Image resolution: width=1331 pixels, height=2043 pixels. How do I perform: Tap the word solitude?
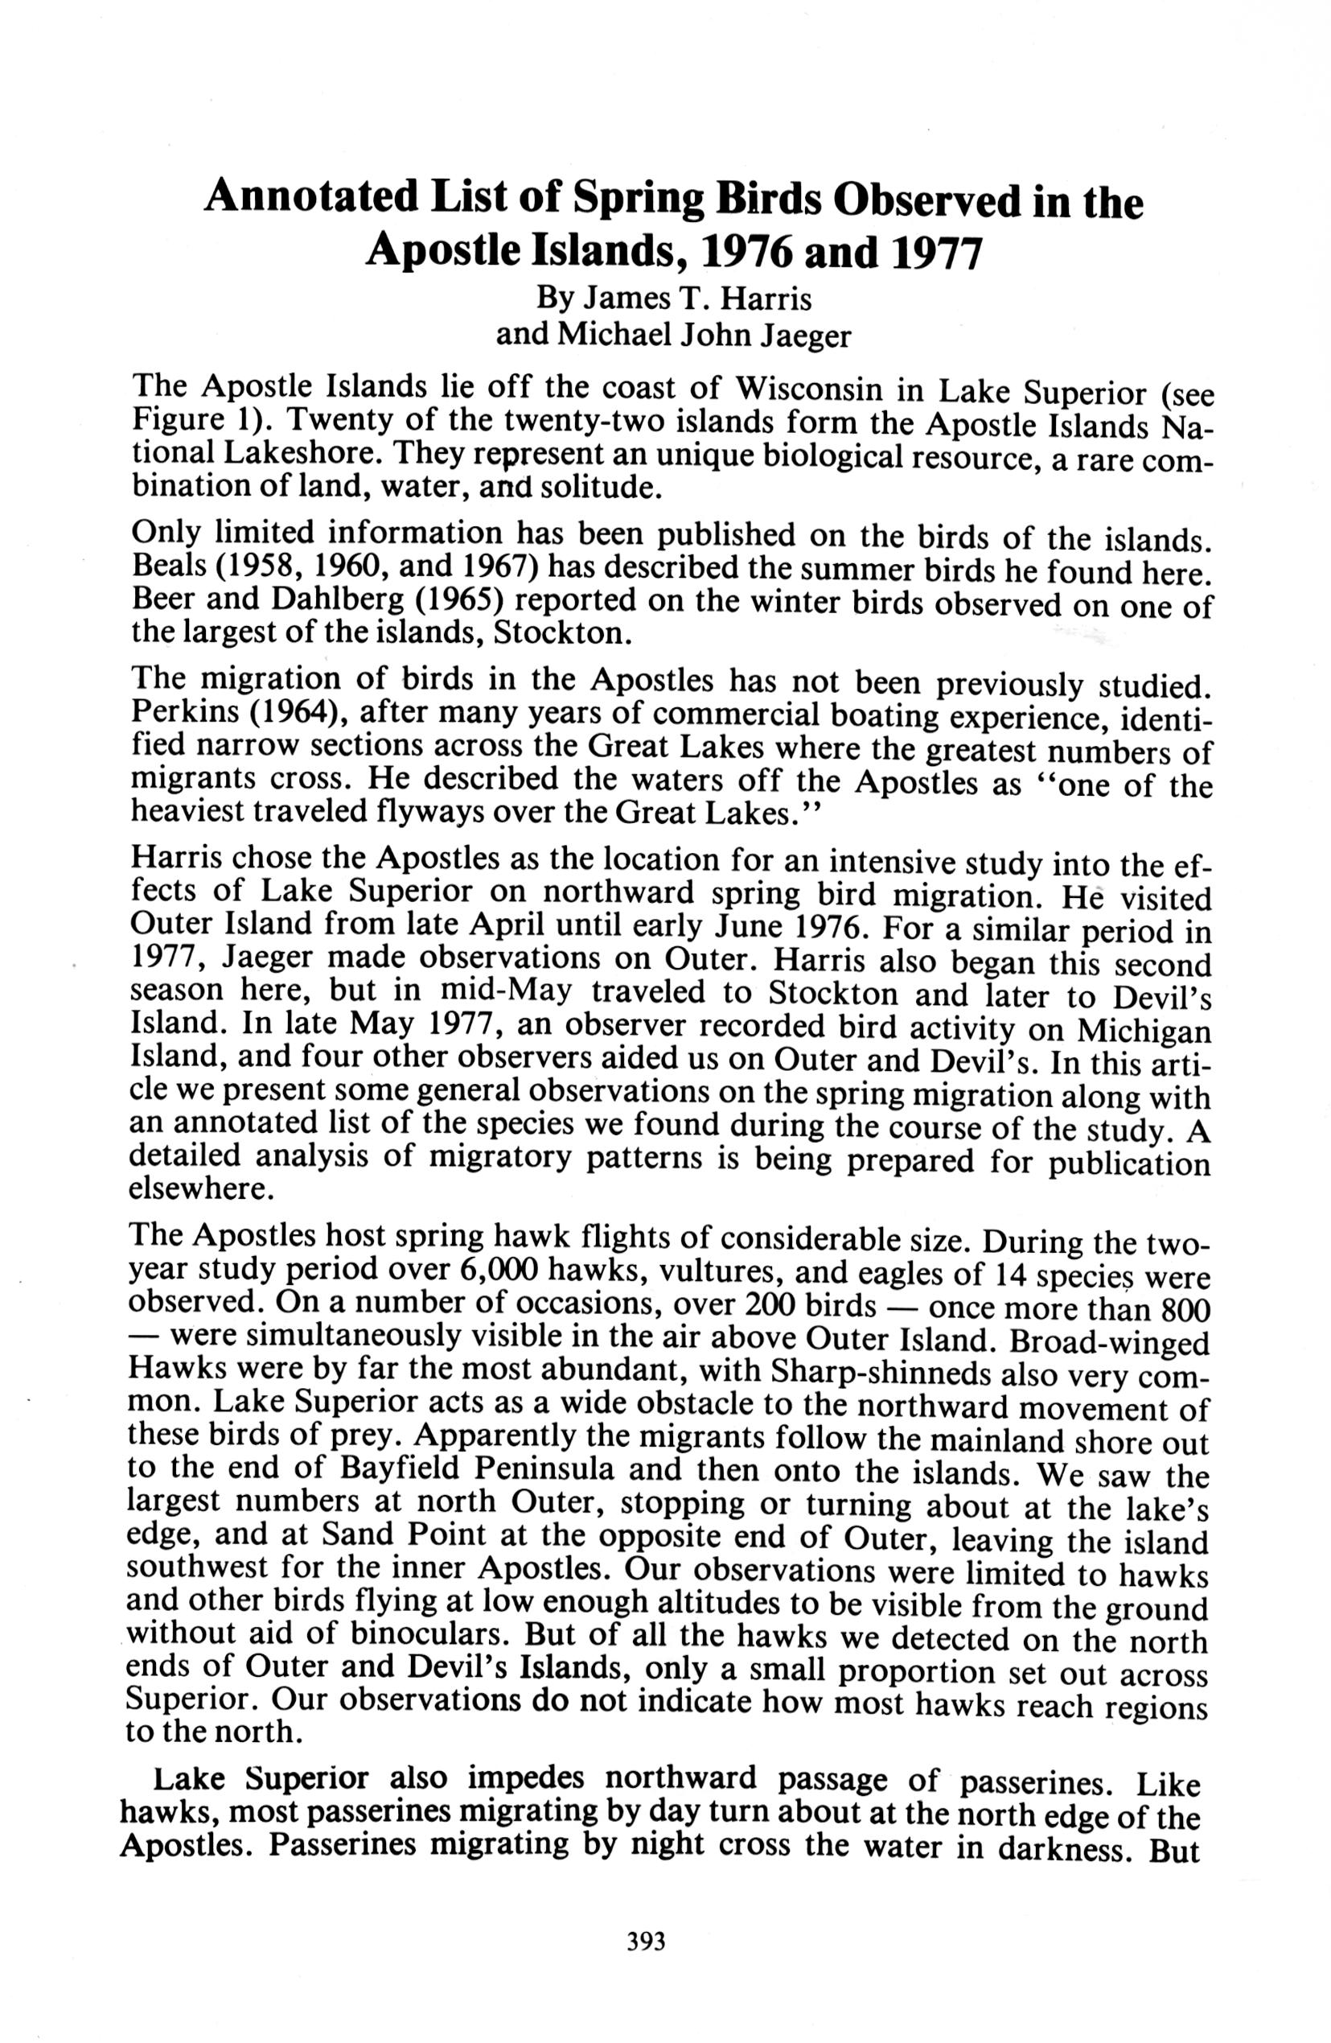(x=605, y=488)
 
